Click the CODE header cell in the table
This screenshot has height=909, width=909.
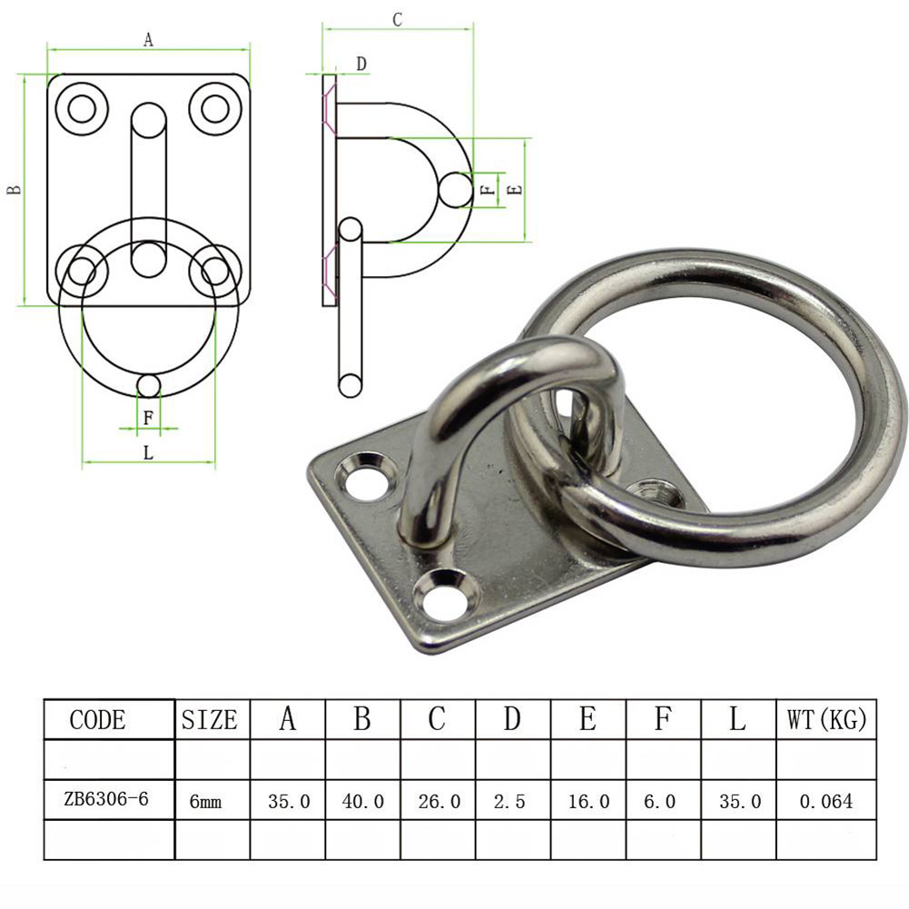98,720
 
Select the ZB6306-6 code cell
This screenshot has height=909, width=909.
106,801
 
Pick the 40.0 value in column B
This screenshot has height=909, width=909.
362,802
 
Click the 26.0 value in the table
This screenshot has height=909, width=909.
439,802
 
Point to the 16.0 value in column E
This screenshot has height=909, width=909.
588,802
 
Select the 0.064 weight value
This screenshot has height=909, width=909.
825,802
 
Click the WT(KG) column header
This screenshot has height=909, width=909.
825,721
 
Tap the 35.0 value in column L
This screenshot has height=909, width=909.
738,802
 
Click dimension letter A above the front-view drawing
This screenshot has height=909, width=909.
148,39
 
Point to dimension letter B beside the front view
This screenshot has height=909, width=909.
14,190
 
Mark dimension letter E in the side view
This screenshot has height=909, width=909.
515,190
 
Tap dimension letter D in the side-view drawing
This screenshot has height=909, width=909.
361,64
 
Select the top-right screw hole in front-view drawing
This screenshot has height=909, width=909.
214,108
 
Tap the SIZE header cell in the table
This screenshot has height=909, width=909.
210,721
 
